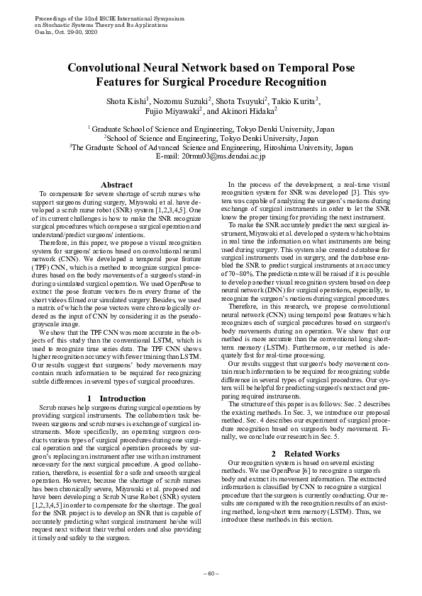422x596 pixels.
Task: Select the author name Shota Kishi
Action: (126, 101)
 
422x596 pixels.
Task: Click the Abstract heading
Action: (116, 184)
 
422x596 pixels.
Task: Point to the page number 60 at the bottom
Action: (211, 572)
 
